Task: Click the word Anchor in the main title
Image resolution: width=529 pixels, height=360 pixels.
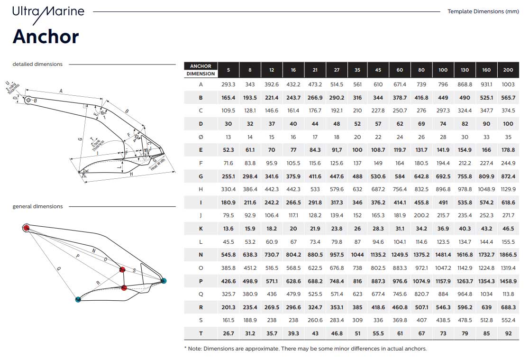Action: (x=46, y=37)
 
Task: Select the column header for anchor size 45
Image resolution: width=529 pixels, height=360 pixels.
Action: (x=378, y=70)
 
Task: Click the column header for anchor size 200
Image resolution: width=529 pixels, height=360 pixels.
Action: (x=508, y=70)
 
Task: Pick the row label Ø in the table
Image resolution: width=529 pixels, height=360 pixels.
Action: (x=201, y=137)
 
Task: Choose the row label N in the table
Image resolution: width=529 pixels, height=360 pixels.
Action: (x=201, y=255)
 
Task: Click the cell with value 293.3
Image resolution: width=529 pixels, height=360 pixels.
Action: (x=228, y=84)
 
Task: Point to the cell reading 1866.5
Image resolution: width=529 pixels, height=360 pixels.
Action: (x=508, y=255)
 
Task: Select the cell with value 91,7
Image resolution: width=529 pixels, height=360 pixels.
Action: (x=337, y=150)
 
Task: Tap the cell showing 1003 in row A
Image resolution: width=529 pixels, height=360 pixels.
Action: (x=508, y=84)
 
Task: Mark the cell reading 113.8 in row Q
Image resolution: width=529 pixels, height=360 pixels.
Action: (x=508, y=294)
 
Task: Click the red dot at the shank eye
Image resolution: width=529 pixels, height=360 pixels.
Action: (x=26, y=228)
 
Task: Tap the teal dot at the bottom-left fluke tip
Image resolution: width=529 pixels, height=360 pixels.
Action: (x=78, y=299)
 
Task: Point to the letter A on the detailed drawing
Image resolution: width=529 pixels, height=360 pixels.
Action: (x=61, y=91)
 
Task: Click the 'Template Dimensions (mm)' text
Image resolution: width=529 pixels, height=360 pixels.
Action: (x=483, y=11)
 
